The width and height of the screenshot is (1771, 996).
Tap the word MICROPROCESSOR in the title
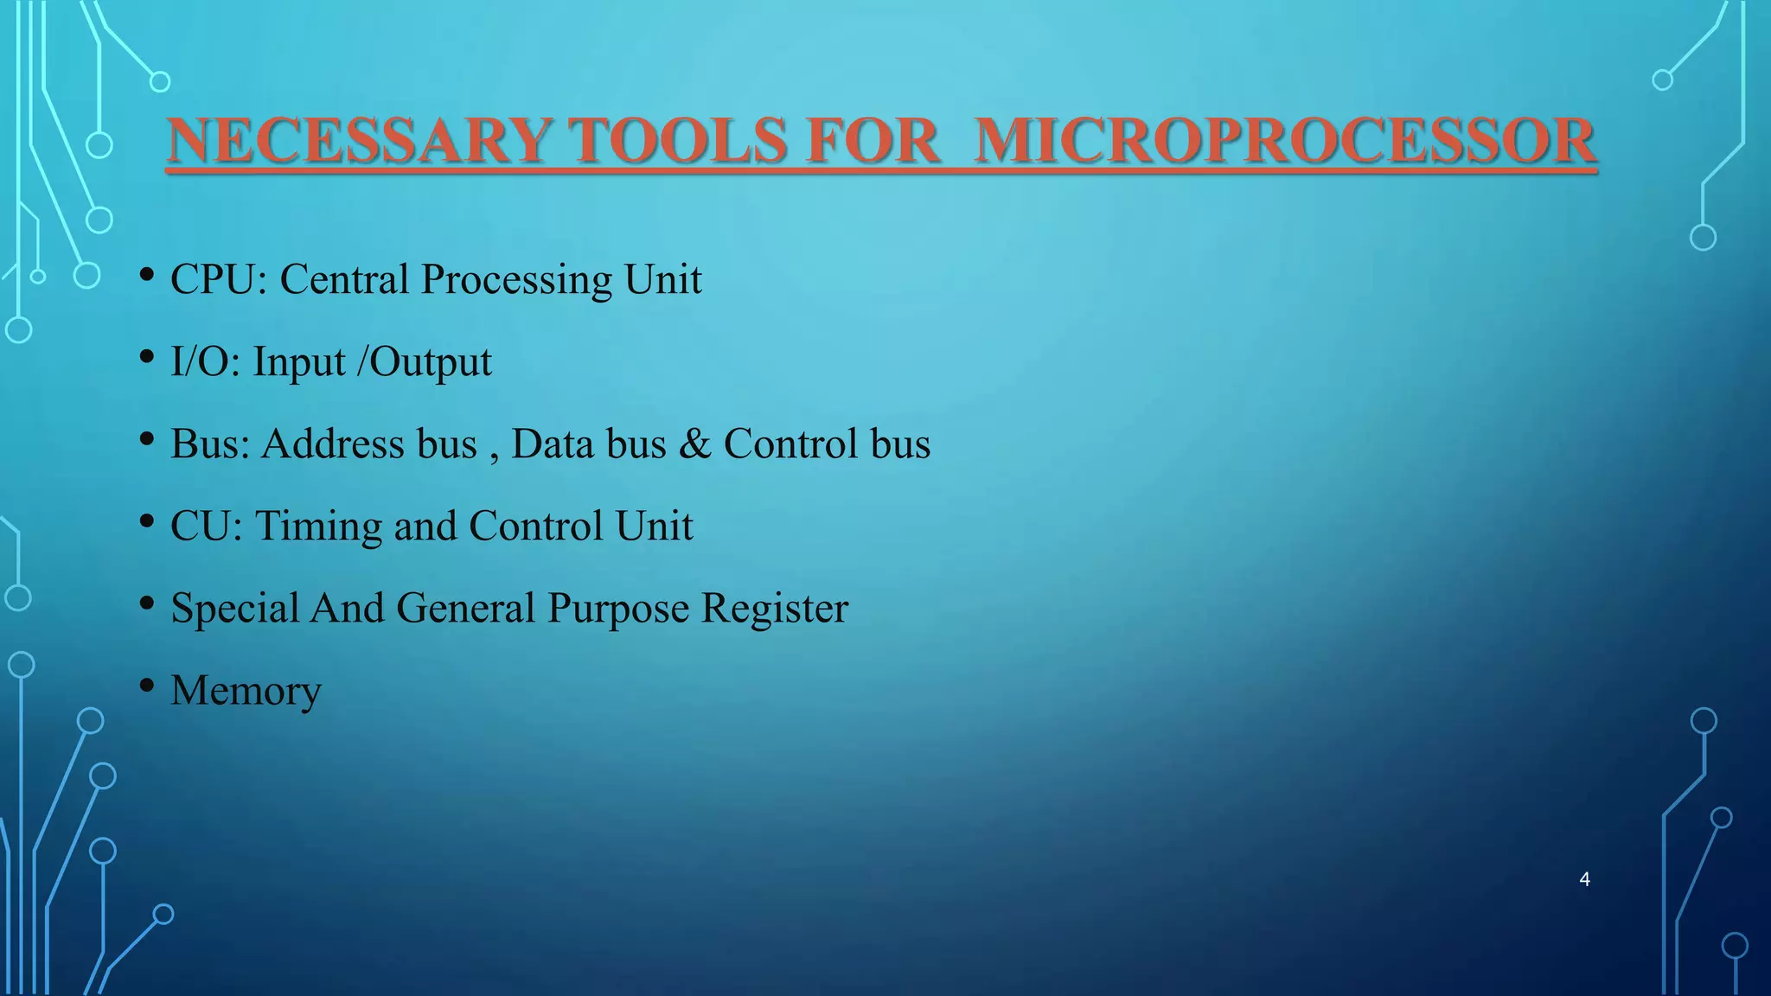click(1284, 141)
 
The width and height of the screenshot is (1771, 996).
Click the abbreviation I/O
click(203, 362)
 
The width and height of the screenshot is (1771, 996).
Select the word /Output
click(425, 362)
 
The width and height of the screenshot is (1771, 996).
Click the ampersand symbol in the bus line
click(694, 444)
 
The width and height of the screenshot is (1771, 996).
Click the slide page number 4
click(1584, 879)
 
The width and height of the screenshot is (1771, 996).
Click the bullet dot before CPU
click(147, 276)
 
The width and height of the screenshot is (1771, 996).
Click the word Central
click(344, 280)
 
